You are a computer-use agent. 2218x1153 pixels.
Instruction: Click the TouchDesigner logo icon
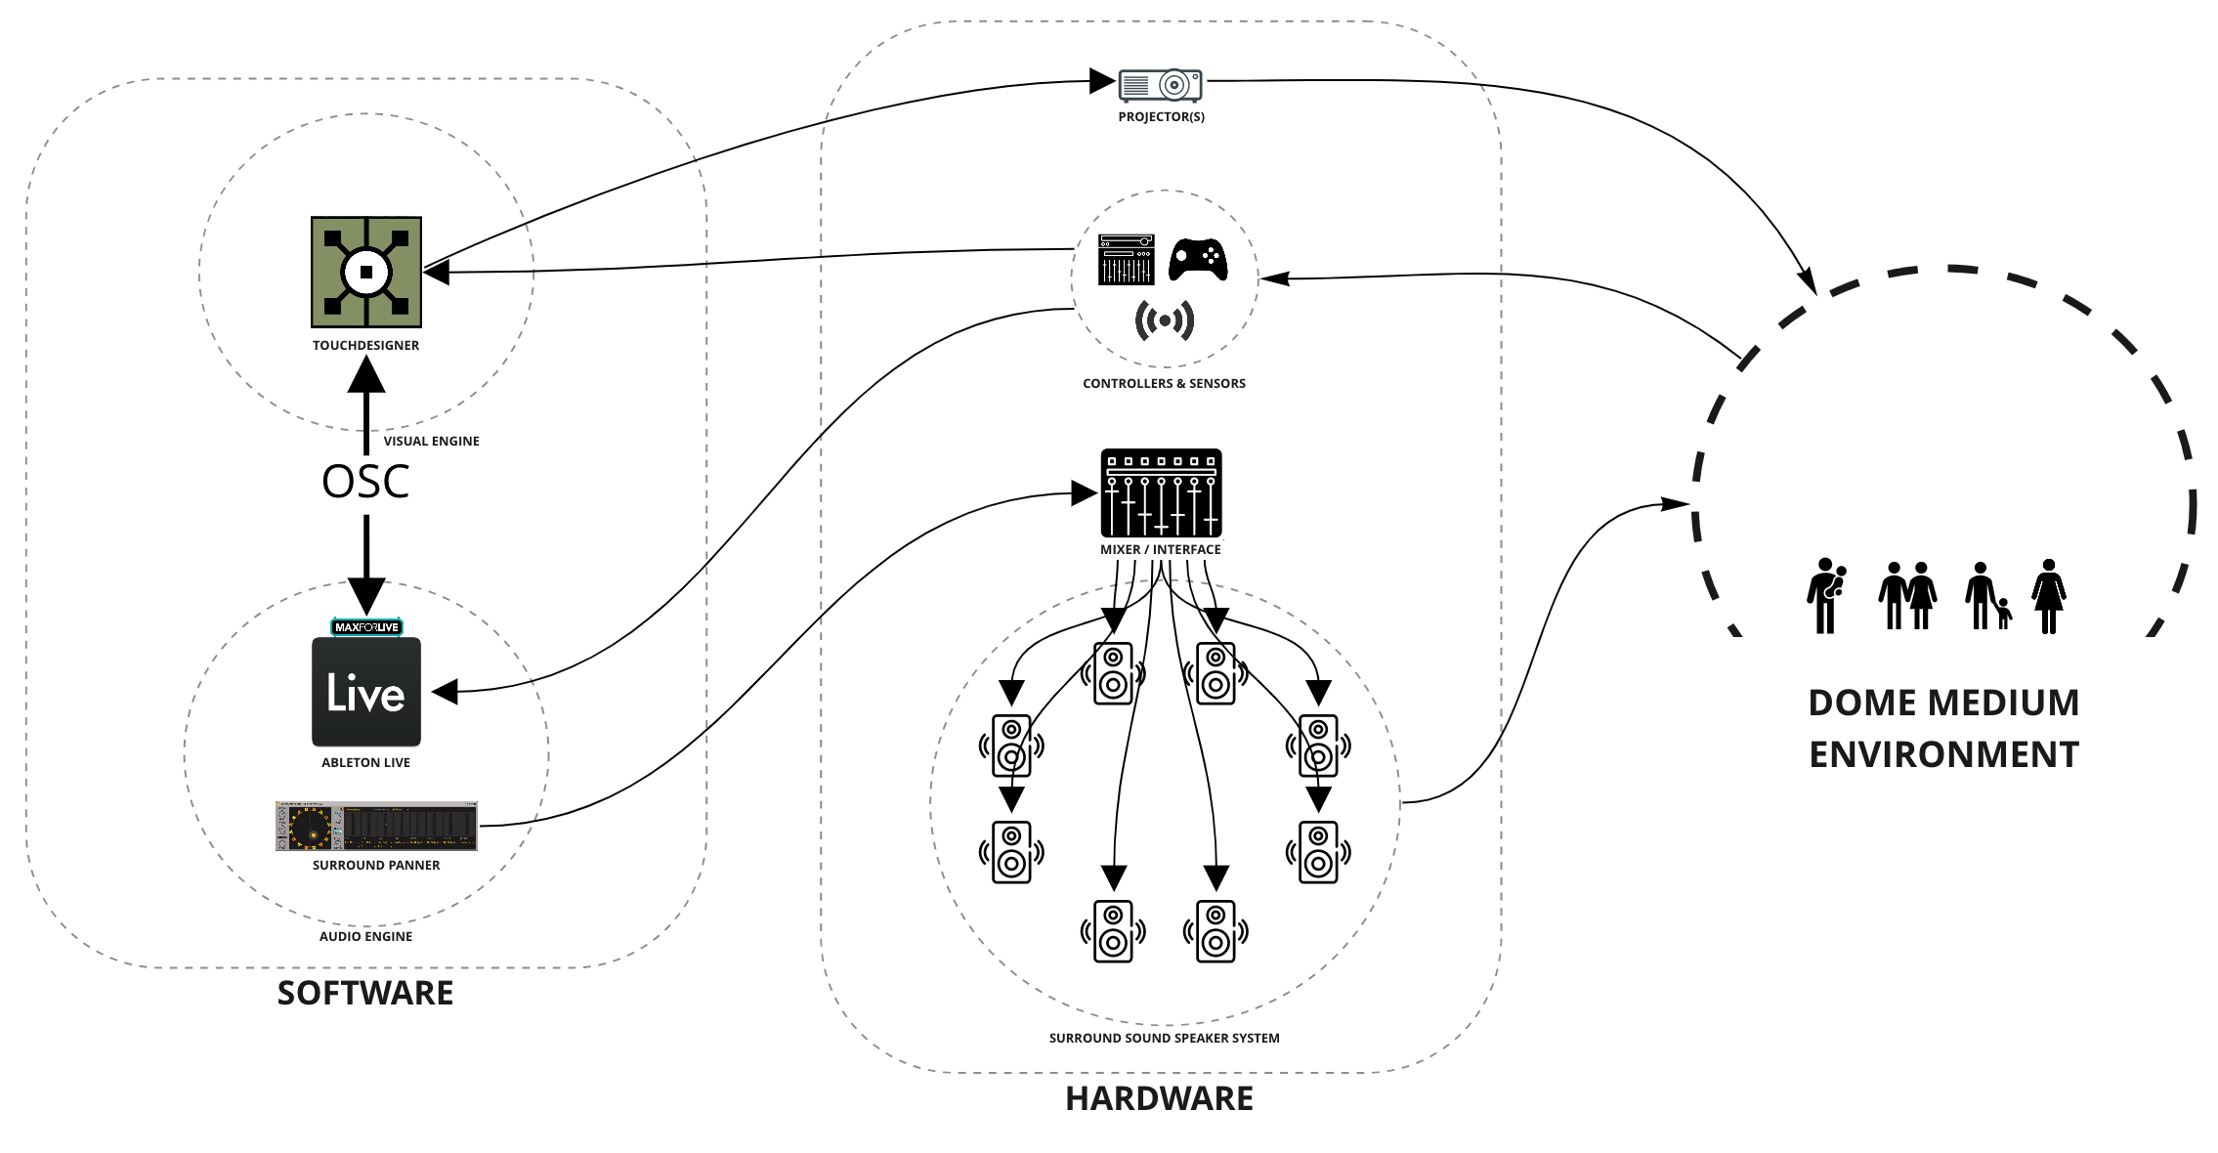366,272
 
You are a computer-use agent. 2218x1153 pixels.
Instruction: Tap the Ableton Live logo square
366,692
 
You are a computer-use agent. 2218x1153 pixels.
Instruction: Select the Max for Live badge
366,627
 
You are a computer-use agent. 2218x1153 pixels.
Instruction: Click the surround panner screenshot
376,827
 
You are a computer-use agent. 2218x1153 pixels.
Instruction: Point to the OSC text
365,482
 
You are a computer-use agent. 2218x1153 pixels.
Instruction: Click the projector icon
1160,86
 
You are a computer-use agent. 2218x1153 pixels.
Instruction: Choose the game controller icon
1198,260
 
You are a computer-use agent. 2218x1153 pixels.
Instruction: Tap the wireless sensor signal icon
1164,320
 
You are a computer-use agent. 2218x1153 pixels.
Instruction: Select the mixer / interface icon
1161,492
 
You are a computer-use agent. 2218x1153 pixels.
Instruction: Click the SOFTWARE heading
365,993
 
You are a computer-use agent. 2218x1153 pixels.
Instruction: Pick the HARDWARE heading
1159,1098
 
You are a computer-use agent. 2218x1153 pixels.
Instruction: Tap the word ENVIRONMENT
1943,755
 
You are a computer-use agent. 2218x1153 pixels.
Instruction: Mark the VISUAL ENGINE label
431,442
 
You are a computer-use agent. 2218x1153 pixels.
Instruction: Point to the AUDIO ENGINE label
365,937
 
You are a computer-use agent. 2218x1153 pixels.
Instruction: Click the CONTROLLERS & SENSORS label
1164,384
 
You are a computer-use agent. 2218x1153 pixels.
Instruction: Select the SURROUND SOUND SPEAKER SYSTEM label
1164,1039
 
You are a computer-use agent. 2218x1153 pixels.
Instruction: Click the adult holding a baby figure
1825,596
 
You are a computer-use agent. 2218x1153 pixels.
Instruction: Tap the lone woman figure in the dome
2048,596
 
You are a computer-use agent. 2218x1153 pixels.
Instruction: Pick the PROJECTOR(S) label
1161,117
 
